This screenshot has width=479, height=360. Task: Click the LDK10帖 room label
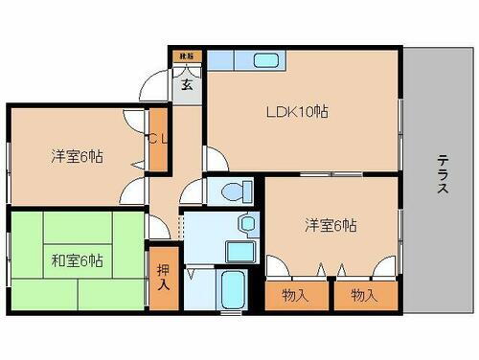click(x=297, y=112)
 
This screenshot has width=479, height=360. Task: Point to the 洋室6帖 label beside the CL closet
click(x=78, y=157)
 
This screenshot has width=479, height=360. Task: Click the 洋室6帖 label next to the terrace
click(x=331, y=225)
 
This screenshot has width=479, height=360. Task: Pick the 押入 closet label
click(x=163, y=278)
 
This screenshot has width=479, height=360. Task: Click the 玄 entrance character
click(x=188, y=83)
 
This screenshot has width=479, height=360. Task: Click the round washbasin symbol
click(x=248, y=224)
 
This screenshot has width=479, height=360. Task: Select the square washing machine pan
click(x=239, y=252)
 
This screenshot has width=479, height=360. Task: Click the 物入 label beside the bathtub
click(x=296, y=296)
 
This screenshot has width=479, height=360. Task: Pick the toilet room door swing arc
click(x=192, y=191)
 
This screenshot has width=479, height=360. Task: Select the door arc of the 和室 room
click(x=158, y=228)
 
